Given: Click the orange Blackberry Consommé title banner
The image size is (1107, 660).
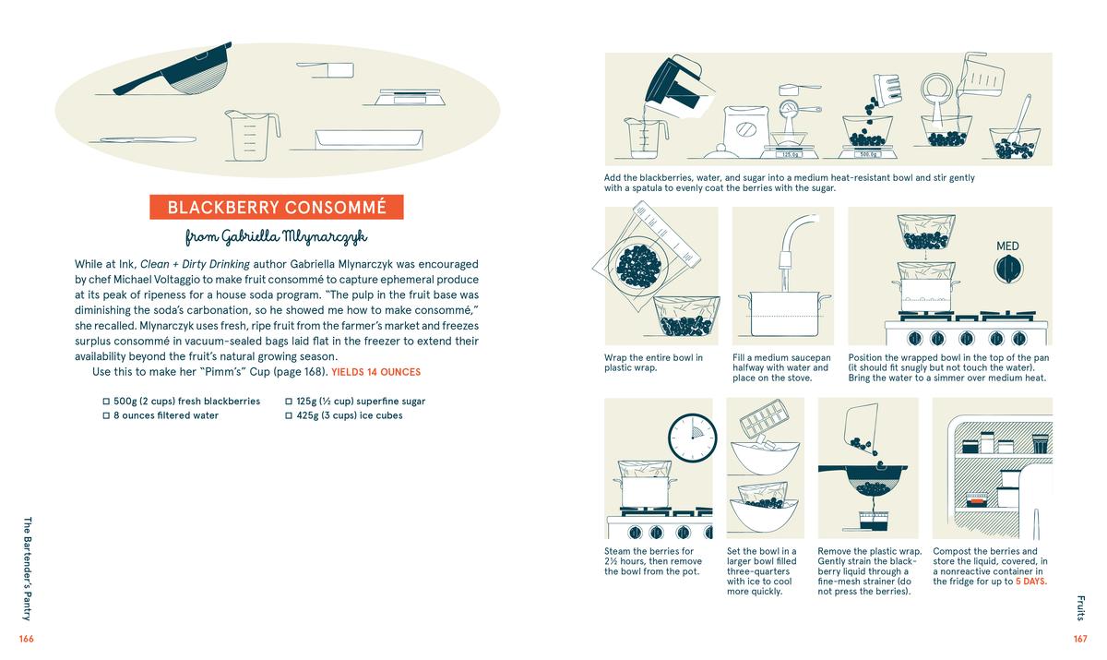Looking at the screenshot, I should point(276,207).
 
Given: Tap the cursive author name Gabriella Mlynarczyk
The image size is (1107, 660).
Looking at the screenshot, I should point(276,237).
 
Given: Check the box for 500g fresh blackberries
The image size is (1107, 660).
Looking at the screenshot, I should point(107,402).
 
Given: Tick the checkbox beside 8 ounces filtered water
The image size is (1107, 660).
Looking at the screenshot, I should point(107,415).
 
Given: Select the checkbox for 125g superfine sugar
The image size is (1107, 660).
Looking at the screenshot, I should point(289,402).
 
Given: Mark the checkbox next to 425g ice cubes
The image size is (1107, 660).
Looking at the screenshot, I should point(289,415).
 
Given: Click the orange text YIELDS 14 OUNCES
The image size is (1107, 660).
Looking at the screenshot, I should point(375,372).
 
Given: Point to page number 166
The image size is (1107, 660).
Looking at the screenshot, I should point(26,639).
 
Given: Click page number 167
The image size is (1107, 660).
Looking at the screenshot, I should point(1079,639).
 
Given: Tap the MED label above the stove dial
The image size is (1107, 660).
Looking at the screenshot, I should point(1007,246).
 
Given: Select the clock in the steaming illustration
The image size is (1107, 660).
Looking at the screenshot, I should point(691,437).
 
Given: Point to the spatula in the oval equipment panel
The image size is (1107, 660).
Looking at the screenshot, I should point(148,139).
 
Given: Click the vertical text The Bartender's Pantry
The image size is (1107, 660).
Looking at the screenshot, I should point(26,568).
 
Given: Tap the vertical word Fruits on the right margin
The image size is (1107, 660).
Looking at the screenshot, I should point(1079,607).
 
